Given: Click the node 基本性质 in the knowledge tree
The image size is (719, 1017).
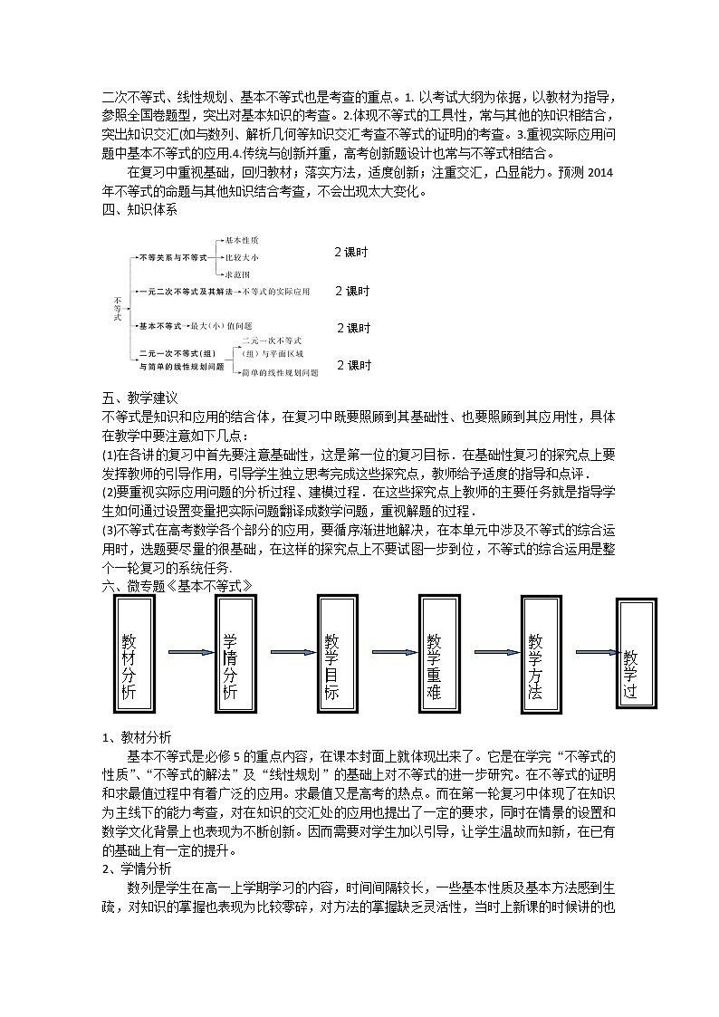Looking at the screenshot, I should [x=242, y=240].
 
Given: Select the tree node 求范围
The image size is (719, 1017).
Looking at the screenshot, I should [x=237, y=273].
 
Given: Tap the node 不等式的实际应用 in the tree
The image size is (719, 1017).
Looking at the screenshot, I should [x=276, y=292].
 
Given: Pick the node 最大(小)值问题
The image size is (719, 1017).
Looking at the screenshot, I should [x=221, y=324].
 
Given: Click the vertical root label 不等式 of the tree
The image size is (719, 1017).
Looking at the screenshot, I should [x=117, y=307].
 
